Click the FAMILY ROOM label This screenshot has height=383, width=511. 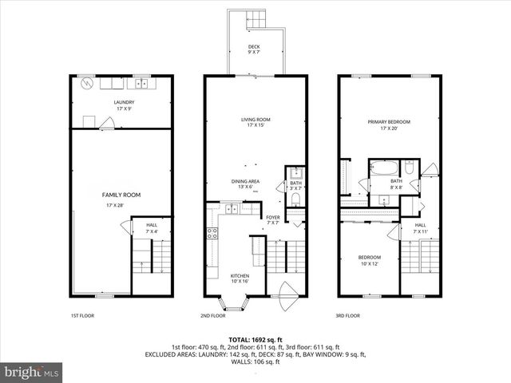point(121,195)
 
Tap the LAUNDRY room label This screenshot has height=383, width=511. point(123,102)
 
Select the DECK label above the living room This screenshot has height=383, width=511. point(254,47)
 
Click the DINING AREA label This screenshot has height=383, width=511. point(245,181)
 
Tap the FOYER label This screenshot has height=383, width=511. point(273,216)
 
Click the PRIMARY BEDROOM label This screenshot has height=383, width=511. point(389,122)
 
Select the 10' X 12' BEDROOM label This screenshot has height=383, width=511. point(370,257)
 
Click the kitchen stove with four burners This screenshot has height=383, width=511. point(213,234)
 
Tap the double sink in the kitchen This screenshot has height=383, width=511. point(230,209)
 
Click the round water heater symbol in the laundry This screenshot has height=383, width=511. point(87,82)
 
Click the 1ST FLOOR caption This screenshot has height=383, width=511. point(81,316)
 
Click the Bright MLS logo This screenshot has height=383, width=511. point(32,371)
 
